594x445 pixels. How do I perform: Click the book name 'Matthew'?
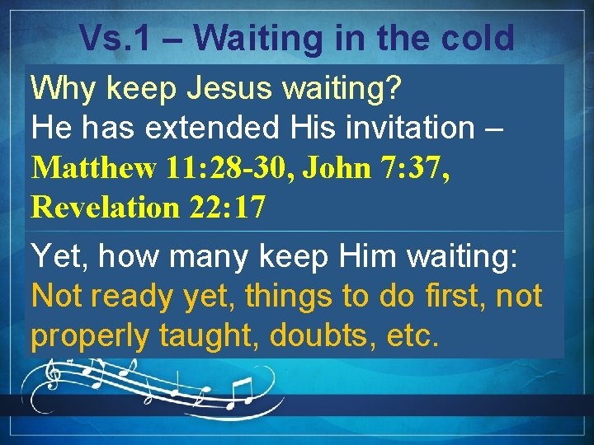[x=93, y=168]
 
